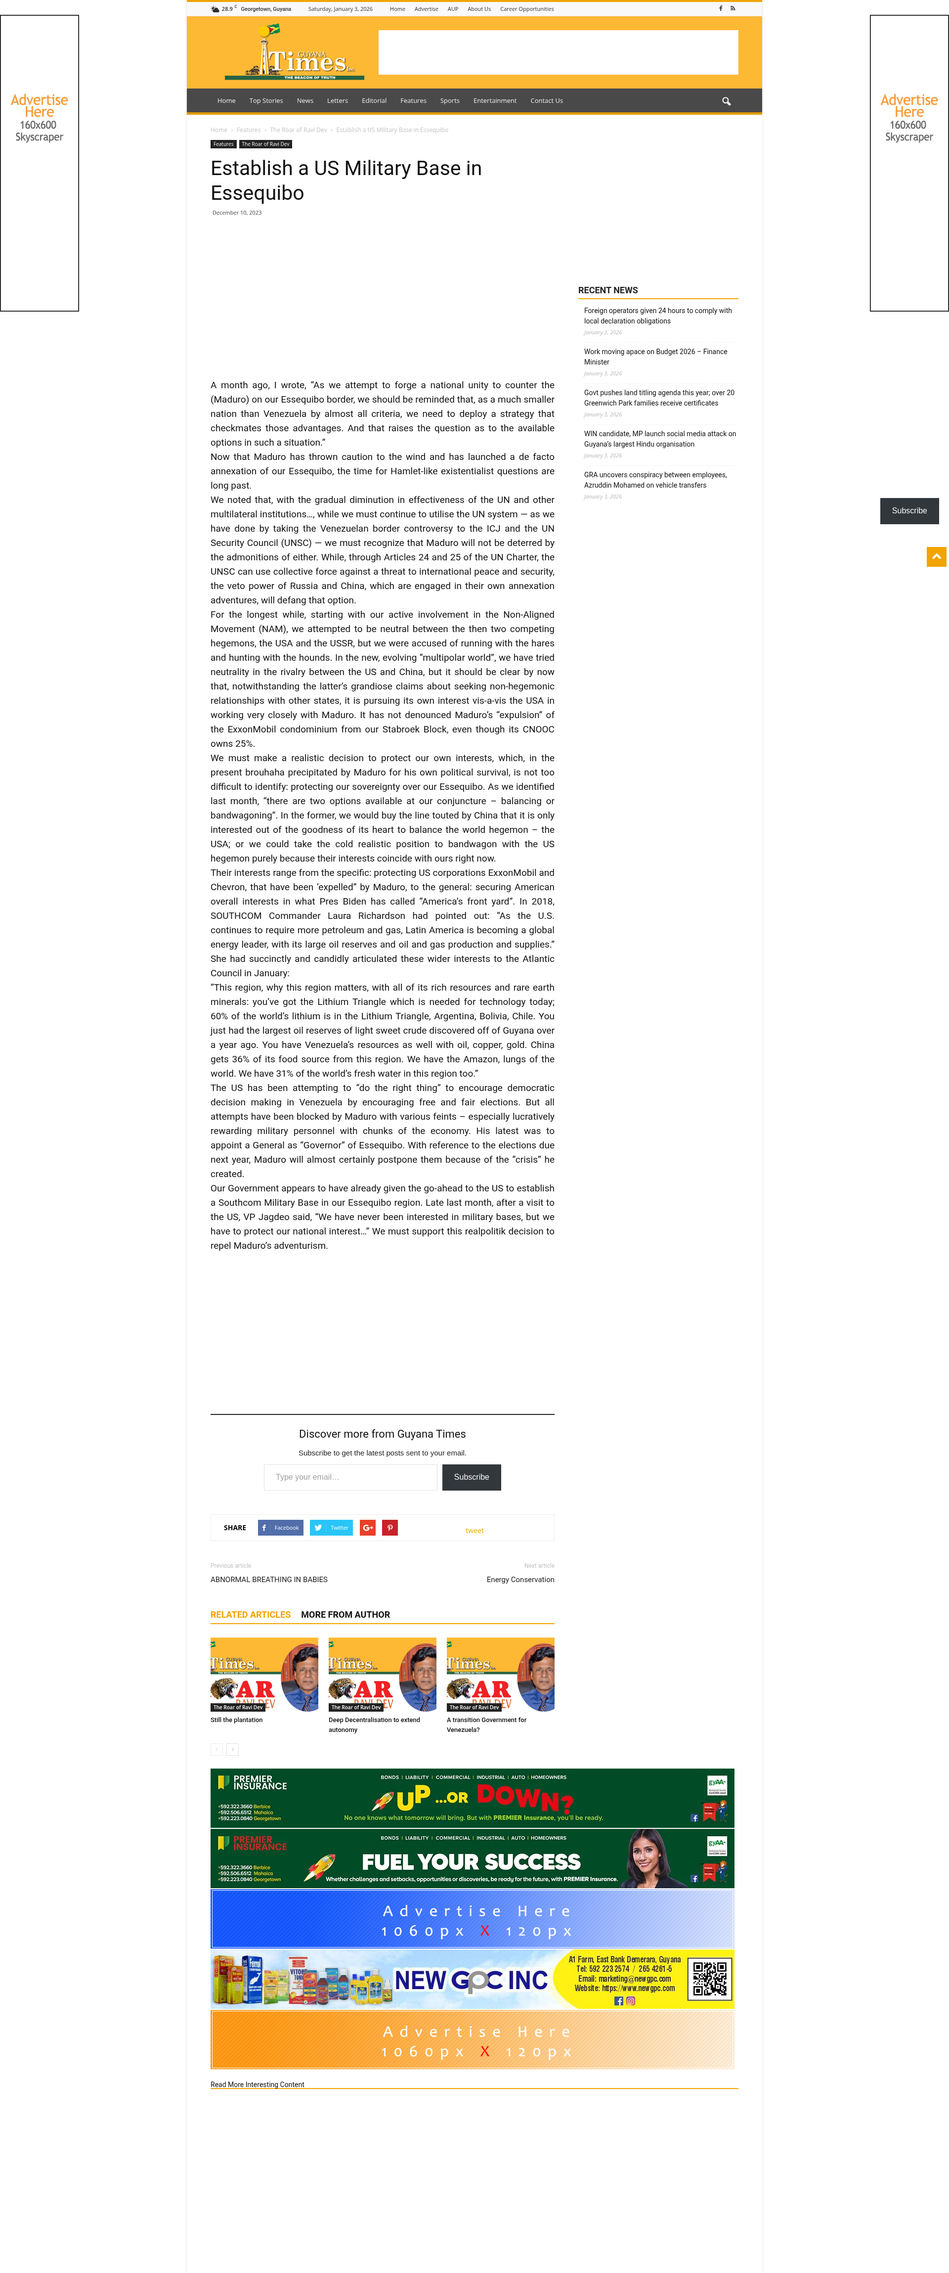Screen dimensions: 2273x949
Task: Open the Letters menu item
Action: [x=337, y=100]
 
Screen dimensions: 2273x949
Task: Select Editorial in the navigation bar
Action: [x=374, y=100]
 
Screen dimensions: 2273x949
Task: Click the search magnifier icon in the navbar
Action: [x=726, y=101]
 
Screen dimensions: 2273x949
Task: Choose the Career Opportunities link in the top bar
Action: [x=526, y=9]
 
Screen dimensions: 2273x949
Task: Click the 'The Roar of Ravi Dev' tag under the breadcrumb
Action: [x=265, y=144]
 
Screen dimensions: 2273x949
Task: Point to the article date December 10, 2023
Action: [x=236, y=213]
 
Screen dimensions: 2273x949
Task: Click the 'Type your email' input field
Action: [x=350, y=1477]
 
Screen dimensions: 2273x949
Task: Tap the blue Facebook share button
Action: [x=280, y=1527]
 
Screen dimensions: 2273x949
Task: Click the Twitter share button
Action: [x=331, y=1527]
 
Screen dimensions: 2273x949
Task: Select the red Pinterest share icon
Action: [x=389, y=1527]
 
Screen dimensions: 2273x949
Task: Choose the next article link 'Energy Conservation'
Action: [x=520, y=1580]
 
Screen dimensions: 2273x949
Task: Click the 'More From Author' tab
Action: [x=345, y=1615]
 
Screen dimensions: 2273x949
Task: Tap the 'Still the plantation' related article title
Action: [x=236, y=1720]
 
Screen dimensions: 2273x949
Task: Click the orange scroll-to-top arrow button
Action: [x=936, y=557]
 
